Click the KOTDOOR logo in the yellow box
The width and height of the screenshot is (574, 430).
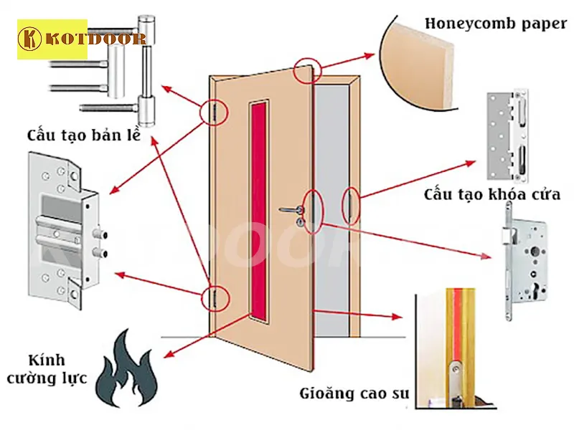[x=52, y=39]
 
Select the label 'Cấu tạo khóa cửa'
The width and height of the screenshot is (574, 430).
[x=492, y=194]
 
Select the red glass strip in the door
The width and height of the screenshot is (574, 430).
[x=258, y=208]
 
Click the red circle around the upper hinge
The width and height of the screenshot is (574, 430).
[x=214, y=113]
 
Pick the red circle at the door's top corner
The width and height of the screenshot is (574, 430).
[x=308, y=68]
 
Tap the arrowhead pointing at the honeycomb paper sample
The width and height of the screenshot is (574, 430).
[x=375, y=54]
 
